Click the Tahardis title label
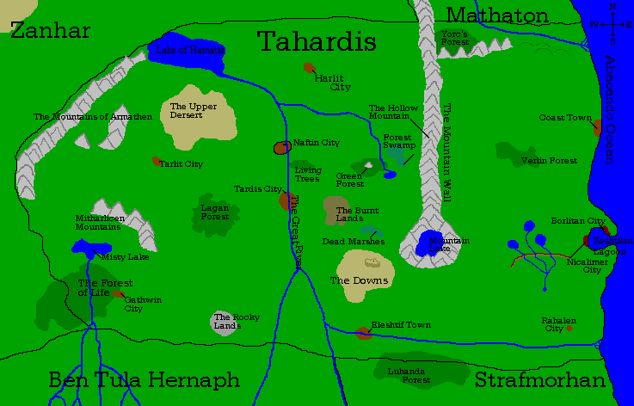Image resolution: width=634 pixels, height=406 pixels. pos(317,40)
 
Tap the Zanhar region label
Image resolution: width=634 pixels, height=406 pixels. pos(51,31)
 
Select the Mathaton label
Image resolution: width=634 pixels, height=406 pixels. pos(497,15)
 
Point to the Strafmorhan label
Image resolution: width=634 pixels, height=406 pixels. pos(540,380)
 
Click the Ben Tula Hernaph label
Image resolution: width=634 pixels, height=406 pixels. pos(144,380)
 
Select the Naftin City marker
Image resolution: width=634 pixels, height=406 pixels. pos(280,148)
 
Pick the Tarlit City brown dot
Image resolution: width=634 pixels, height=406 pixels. pos(157,161)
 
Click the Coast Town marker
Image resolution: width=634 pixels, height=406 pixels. pos(596,128)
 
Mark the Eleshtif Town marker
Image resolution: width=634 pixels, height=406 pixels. pos(363,333)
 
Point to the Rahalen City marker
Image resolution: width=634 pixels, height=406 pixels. pos(569,328)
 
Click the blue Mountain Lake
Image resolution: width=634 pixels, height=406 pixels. pos(430,244)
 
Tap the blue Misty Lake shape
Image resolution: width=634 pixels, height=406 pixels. pos(86,249)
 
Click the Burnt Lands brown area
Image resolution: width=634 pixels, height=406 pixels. pos(338,211)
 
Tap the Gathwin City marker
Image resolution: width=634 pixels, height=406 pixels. pos(119,294)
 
